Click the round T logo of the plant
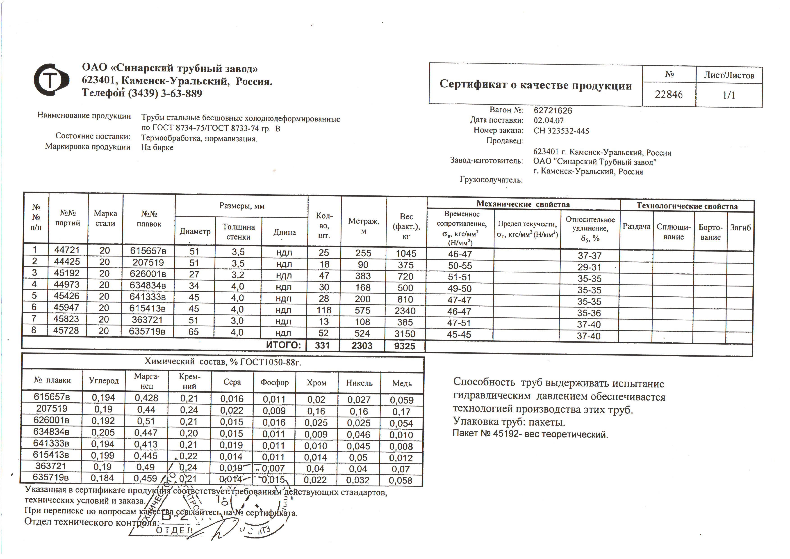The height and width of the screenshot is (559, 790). (x=51, y=80)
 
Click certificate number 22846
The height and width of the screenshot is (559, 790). (x=669, y=94)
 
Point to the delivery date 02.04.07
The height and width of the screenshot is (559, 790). (x=549, y=120)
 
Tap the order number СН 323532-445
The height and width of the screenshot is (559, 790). (x=561, y=131)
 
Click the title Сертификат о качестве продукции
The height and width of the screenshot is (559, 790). (x=535, y=85)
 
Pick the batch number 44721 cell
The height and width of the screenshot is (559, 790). (x=67, y=250)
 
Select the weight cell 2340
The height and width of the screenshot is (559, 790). (x=405, y=311)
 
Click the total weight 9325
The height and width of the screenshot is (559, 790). (x=405, y=346)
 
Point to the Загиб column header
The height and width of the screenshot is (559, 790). (x=740, y=227)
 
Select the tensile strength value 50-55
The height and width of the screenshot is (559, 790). (x=460, y=266)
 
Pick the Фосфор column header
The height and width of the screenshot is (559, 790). (x=274, y=383)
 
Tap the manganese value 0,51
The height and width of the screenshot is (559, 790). (x=146, y=421)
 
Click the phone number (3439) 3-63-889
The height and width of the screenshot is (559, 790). (x=165, y=94)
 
